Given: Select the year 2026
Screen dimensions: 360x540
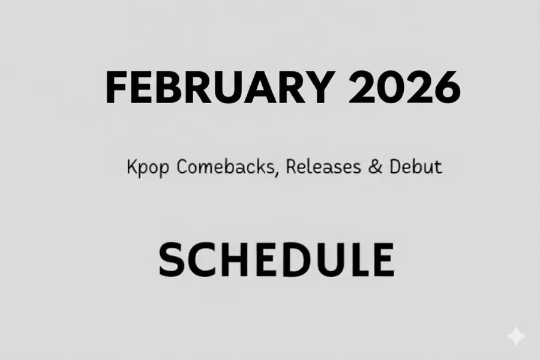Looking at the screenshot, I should click(x=404, y=88).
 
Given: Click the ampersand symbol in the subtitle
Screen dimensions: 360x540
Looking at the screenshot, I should click(x=377, y=166).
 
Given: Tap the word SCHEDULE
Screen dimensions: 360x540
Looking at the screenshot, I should click(x=275, y=259).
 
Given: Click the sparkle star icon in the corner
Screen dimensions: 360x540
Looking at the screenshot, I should click(x=516, y=337).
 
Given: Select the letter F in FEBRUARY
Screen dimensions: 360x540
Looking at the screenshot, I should click(x=116, y=88).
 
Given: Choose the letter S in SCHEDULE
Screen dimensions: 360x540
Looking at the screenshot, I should click(x=172, y=259).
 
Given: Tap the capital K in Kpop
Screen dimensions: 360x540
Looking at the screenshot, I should click(x=133, y=167).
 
